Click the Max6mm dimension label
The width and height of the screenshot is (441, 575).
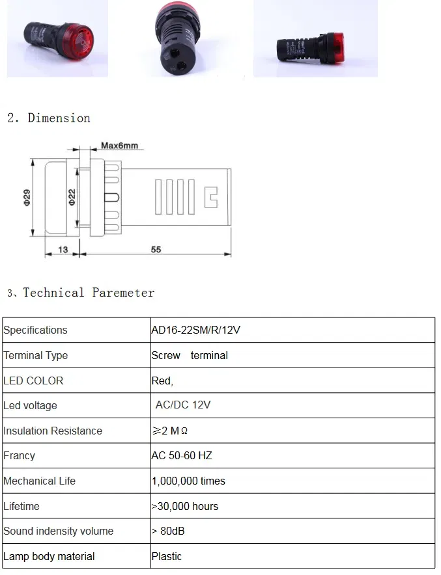[119, 146]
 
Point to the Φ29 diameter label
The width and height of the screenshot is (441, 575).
[27, 198]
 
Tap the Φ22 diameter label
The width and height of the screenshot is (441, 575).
[72, 197]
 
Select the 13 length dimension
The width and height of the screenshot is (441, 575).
[63, 250]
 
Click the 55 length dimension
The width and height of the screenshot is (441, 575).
[156, 249]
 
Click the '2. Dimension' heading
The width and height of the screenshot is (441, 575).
[49, 118]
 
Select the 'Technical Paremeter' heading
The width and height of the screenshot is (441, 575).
[89, 293]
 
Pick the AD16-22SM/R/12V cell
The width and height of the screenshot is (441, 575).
[195, 330]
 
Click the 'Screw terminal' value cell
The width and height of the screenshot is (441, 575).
[190, 355]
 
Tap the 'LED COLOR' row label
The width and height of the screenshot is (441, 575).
[33, 381]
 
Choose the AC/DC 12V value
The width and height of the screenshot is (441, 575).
[183, 405]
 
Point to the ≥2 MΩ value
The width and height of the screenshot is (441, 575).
[170, 431]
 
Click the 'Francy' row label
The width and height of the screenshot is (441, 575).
[19, 455]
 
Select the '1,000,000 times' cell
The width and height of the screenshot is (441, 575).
[188, 481]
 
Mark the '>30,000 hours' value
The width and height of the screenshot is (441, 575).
[185, 507]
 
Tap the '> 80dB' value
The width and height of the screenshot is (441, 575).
[168, 531]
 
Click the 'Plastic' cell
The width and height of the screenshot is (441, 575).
[167, 556]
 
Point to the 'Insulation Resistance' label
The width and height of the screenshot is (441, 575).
[53, 431]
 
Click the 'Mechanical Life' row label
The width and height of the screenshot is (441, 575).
[39, 481]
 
